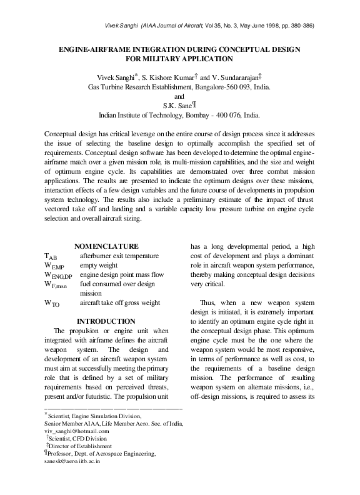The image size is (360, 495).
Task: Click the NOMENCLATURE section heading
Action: [106, 246]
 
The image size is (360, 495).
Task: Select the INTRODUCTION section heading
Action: [107, 321]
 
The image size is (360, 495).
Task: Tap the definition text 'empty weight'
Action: [99, 266]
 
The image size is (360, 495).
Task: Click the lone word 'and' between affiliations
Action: [179, 96]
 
